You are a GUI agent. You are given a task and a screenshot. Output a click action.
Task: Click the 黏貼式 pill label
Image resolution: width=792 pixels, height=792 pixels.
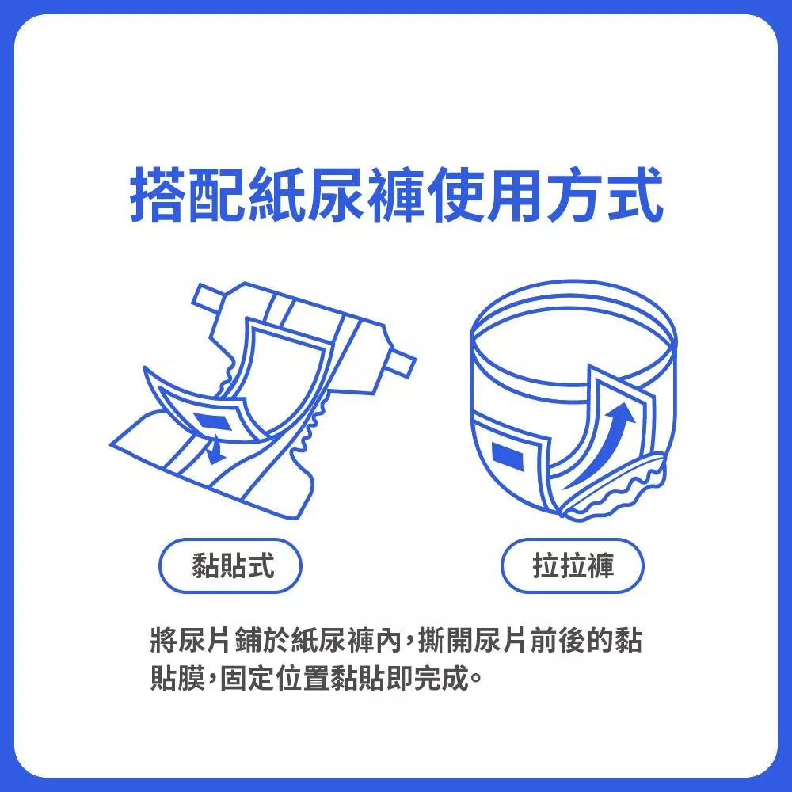pyautogui.click(x=230, y=565)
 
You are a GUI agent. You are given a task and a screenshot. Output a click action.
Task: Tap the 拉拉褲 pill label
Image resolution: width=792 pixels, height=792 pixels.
pyautogui.click(x=573, y=565)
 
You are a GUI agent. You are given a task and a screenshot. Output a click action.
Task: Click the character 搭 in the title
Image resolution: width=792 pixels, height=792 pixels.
pyautogui.click(x=160, y=195)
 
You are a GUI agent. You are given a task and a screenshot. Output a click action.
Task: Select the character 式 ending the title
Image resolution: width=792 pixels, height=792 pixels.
pyautogui.click(x=634, y=195)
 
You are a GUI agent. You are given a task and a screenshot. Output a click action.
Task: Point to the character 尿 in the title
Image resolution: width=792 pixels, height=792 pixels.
pyautogui.click(x=336, y=195)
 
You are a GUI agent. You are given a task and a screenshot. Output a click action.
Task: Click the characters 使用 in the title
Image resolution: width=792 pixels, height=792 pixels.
pyautogui.click(x=484, y=195)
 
